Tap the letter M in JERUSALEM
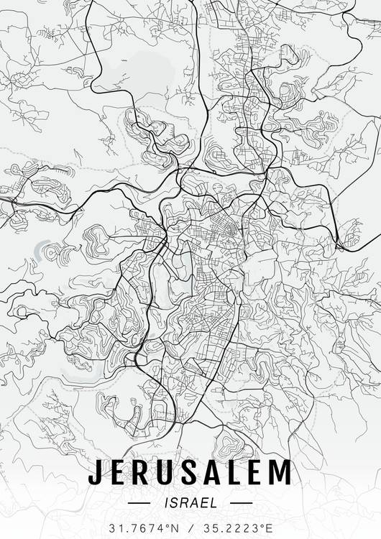pyautogui.click(x=281, y=472)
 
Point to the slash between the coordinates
pyautogui.click(x=190, y=528)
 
